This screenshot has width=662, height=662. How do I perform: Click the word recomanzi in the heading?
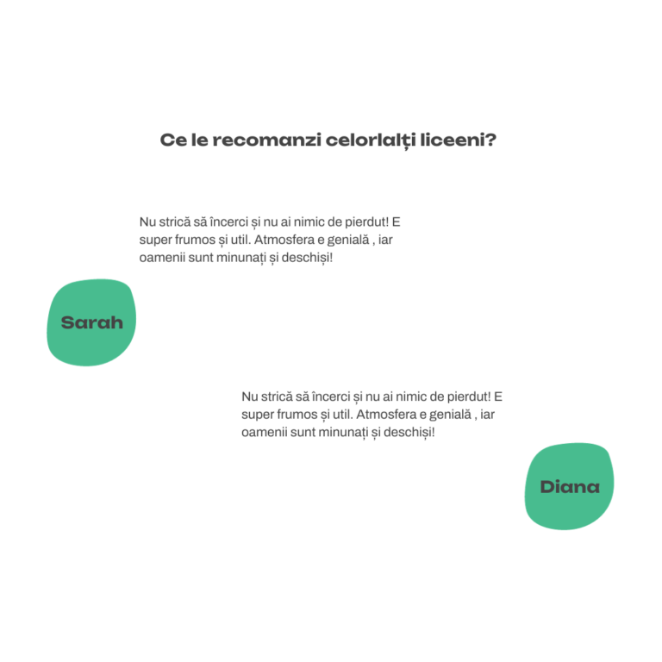click(x=266, y=140)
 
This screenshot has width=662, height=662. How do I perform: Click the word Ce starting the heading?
click(x=173, y=140)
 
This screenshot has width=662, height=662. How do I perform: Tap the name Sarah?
click(x=92, y=322)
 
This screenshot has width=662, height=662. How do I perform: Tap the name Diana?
click(x=570, y=487)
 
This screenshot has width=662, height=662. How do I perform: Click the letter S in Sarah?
click(x=68, y=322)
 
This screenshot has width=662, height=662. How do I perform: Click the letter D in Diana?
click(x=547, y=487)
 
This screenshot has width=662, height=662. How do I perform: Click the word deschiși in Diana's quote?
click(x=408, y=433)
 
